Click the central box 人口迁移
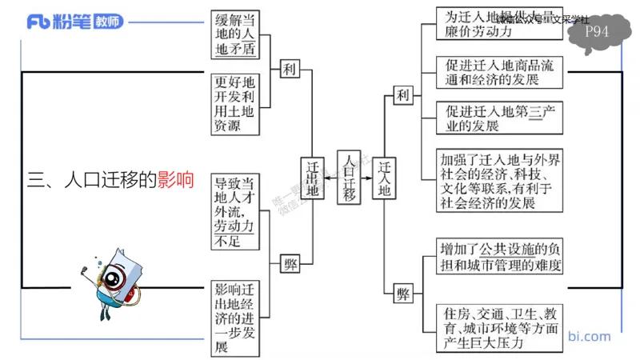pyautogui.click(x=349, y=177)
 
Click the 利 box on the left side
pyautogui.click(x=289, y=70)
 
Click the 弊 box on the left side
pyautogui.click(x=289, y=265)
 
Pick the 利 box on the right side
pyautogui.click(x=403, y=95)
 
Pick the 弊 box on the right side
pyautogui.click(x=403, y=293)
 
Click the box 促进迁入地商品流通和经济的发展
pyautogui.click(x=500, y=71)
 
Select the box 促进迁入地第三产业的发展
pyautogui.click(x=500, y=118)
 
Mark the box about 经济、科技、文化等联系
pyautogui.click(x=500, y=181)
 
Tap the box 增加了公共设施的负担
pyautogui.click(x=500, y=255)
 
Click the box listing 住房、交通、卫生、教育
pyautogui.click(x=500, y=326)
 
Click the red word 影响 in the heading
pyautogui.click(x=175, y=180)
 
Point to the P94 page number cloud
pyautogui.click(x=597, y=33)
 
